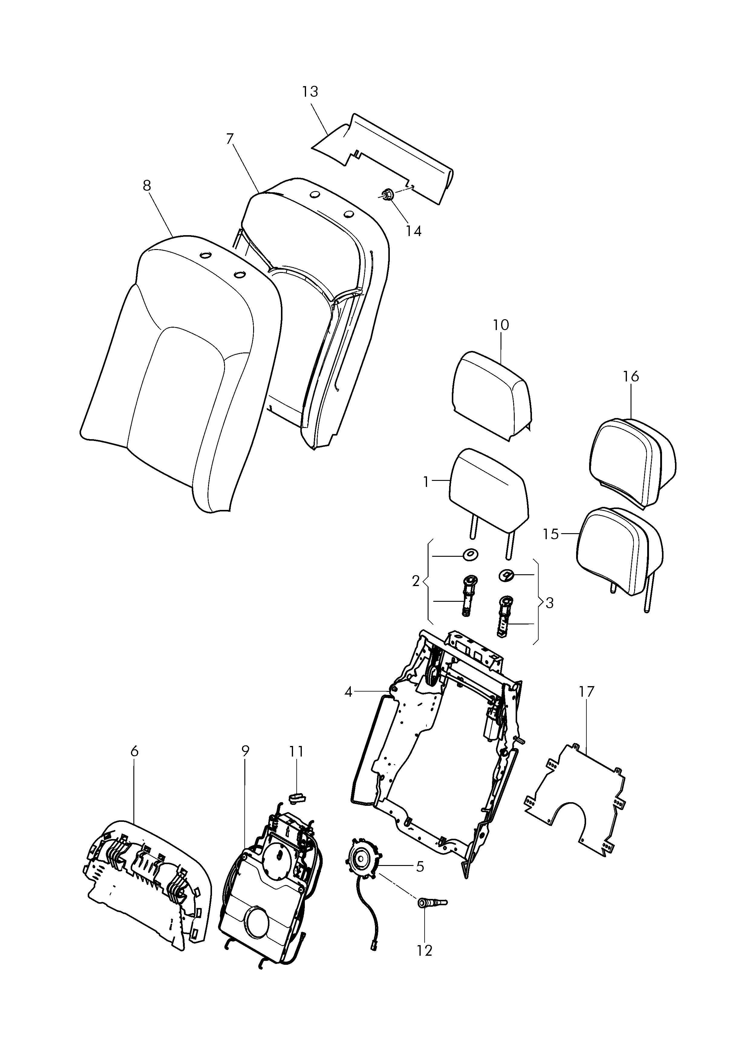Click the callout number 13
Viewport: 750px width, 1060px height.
[310, 92]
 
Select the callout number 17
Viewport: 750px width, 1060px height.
[586, 705]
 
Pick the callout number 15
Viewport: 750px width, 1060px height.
[551, 534]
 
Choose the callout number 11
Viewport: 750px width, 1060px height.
[296, 752]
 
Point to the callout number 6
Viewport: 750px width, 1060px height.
[134, 752]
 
